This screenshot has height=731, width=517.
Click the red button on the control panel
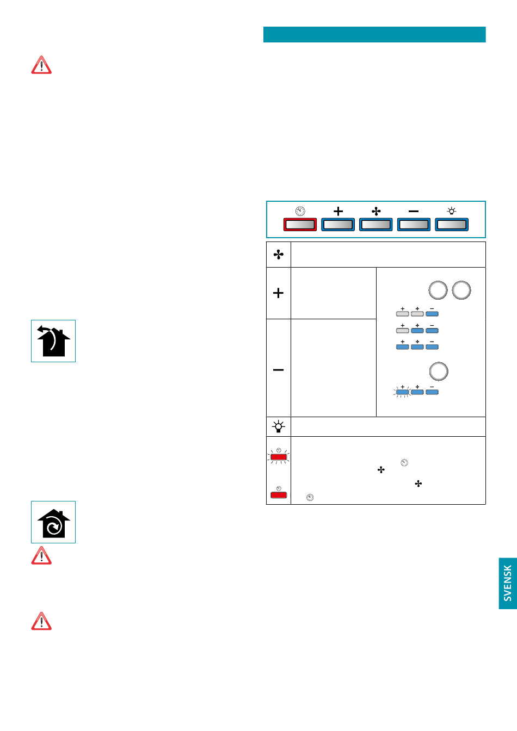(x=300, y=225)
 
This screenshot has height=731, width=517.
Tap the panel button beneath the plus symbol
(x=338, y=225)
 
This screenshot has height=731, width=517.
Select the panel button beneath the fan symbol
(x=376, y=225)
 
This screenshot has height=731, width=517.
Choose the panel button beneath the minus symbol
(x=414, y=225)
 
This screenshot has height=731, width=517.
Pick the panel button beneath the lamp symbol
(x=451, y=225)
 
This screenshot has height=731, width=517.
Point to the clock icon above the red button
(x=300, y=211)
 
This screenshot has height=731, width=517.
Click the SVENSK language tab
(x=508, y=583)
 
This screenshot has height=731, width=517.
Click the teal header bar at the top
(x=374, y=34)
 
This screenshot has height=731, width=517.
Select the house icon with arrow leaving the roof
(x=53, y=340)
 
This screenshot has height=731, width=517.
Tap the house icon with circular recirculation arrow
(x=53, y=522)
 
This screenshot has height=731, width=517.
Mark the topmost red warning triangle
(x=41, y=65)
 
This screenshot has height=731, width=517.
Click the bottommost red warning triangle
(x=41, y=621)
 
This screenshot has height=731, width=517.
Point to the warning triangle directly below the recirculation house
(x=41, y=555)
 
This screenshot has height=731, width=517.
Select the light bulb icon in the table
(x=278, y=426)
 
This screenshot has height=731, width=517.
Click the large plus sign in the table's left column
(x=278, y=293)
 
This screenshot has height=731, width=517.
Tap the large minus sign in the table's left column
(x=278, y=370)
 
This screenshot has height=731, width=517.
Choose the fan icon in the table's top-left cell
(x=278, y=255)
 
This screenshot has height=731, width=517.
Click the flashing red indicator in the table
(x=279, y=456)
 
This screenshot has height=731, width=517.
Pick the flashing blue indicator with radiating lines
(x=402, y=392)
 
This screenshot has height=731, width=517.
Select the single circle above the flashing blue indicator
(x=439, y=371)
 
